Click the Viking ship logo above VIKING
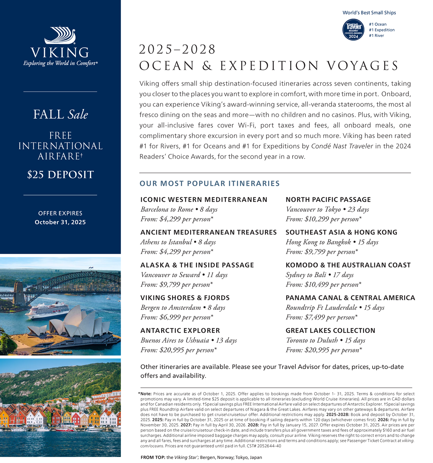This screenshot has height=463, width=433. tap(60, 36)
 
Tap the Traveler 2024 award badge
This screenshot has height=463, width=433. tap(353, 30)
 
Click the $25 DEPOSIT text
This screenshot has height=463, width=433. tap(60, 174)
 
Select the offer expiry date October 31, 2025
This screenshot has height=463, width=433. tap(60, 222)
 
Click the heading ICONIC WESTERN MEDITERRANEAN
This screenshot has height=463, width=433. tap(204, 199)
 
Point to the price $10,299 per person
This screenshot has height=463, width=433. tap(323, 219)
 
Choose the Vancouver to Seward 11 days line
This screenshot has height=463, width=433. tap(184, 275)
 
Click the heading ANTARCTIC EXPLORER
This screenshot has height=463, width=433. tap(180, 330)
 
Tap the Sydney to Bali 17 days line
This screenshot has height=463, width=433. tap(319, 275)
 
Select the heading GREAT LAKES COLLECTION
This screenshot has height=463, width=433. tap(330, 330)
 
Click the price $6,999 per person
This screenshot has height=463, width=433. tap(177, 317)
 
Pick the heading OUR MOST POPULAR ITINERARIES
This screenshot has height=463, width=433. tap(209, 184)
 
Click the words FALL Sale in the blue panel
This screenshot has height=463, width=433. tap(60, 115)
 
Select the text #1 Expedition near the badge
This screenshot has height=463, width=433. tap(382, 30)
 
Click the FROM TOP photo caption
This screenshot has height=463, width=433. tap(201, 457)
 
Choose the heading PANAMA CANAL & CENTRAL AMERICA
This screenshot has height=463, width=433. tap(350, 298)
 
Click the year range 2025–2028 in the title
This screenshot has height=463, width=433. tap(177, 49)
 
